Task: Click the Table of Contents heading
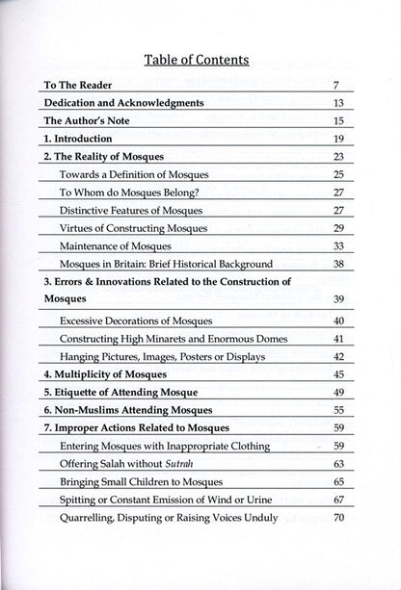[x=196, y=60]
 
